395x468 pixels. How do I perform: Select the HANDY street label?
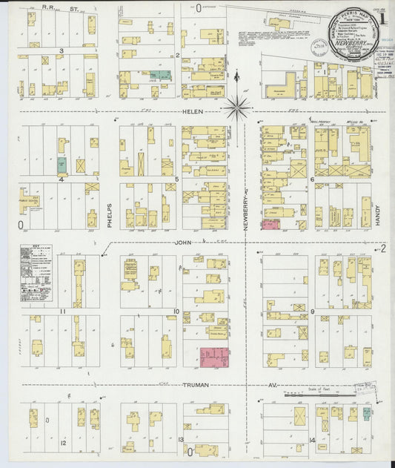[x=376, y=214]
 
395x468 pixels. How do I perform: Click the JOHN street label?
[x=182, y=243]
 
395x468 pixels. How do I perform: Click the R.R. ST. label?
[x=60, y=9]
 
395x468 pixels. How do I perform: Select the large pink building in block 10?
[x=215, y=357]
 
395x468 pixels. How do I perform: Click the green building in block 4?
[x=63, y=165]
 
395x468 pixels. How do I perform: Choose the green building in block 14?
[x=365, y=414]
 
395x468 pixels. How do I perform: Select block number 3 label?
[x=62, y=50]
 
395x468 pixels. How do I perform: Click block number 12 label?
[x=63, y=443]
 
